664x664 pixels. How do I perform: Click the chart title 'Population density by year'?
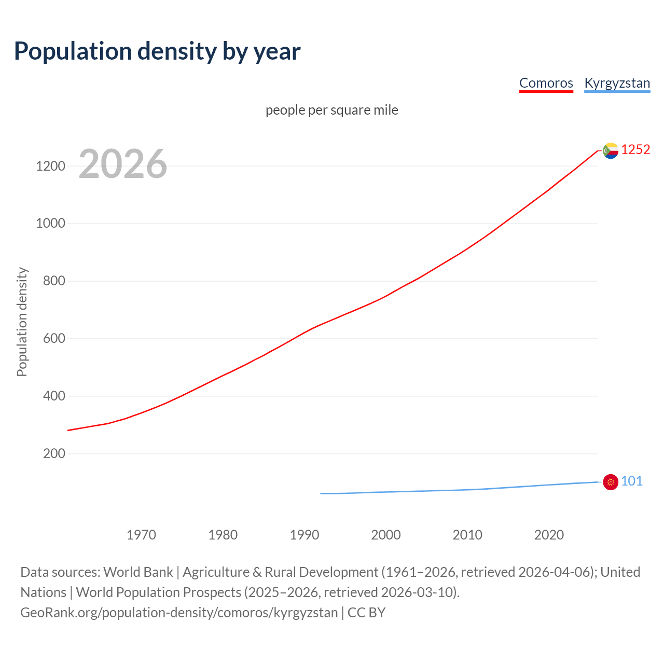tap(157, 51)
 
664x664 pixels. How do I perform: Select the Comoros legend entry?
tap(546, 83)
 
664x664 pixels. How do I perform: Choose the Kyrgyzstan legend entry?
tap(617, 83)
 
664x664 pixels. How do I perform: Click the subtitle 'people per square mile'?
tap(331, 110)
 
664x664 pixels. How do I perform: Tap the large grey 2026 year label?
tap(123, 164)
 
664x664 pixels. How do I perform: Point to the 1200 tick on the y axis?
tap(50, 167)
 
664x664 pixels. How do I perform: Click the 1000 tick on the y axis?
tap(50, 224)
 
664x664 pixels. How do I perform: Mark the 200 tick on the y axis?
tap(54, 454)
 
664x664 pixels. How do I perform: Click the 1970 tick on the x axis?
tap(141, 535)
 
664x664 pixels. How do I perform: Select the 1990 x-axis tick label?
tap(305, 535)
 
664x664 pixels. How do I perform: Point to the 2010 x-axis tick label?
tap(467, 535)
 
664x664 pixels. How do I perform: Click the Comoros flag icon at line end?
tap(611, 150)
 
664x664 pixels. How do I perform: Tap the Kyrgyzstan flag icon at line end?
tap(611, 482)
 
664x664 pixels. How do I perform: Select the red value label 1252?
tap(635, 150)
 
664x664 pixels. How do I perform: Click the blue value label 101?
tap(632, 481)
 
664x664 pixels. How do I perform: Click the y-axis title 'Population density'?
tap(22, 322)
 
